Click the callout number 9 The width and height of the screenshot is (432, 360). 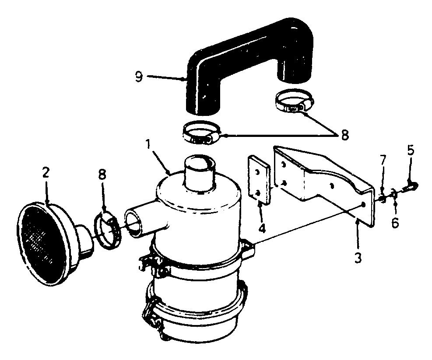tap(139, 77)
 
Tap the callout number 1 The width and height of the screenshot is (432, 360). tap(148, 144)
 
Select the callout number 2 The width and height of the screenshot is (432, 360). tap(46, 172)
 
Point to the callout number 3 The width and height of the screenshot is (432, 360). tap(358, 258)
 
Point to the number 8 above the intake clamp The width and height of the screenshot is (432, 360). tap(102, 175)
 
